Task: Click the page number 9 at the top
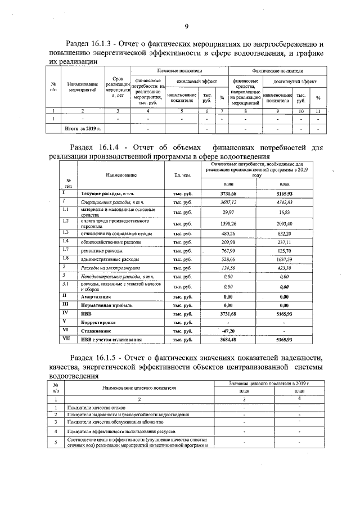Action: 186,26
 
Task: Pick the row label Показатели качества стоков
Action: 95,407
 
